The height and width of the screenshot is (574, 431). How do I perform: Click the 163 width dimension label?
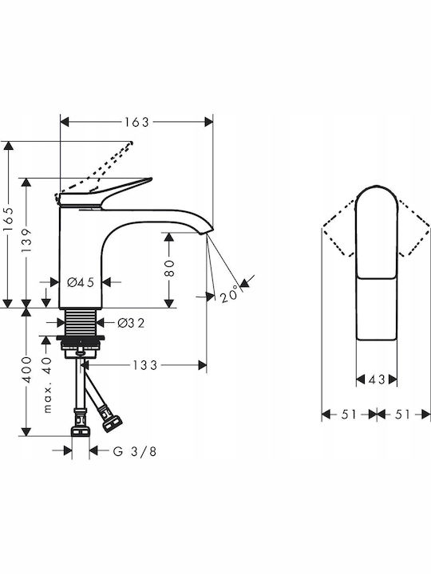pos(136,122)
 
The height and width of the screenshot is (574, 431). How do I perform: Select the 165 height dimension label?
pos(8,219)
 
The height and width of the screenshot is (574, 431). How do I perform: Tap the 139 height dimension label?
pos(26,240)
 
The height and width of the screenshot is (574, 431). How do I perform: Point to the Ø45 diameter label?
pos(81,282)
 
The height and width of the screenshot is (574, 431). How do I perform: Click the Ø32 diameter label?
pos(131,323)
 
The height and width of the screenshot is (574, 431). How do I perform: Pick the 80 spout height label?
pos(169,269)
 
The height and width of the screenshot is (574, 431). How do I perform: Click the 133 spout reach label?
pos(144,365)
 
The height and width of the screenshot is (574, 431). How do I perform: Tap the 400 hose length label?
pos(27,369)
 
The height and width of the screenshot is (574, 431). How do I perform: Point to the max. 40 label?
pos(47,385)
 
